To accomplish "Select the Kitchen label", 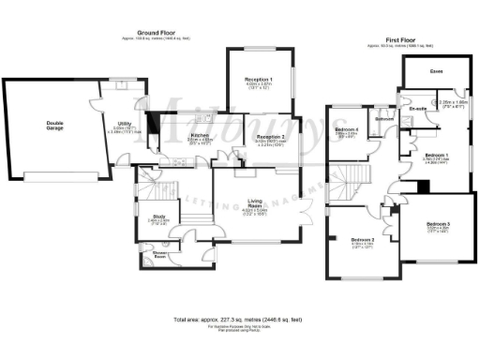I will tap(175, 137).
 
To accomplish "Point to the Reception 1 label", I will tap(259, 81).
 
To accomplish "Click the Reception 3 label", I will tap(270, 137).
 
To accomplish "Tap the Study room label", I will tap(157, 217).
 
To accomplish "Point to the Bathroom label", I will tap(383, 120).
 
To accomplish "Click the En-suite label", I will tap(418, 109).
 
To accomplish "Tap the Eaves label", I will tap(437, 71).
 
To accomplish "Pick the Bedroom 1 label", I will tap(437, 155).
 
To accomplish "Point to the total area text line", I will tap(240, 319).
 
